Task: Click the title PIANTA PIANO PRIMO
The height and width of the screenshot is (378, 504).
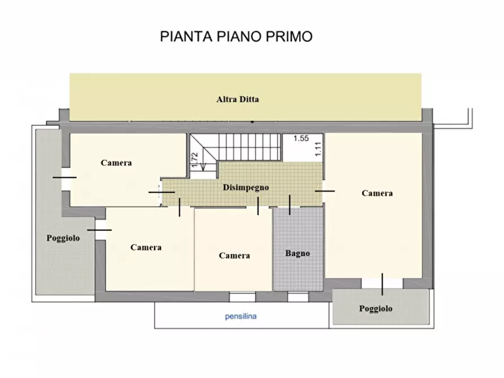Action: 236,37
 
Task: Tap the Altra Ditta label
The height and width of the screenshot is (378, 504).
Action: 238,99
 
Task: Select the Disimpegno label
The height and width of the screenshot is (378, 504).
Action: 246,187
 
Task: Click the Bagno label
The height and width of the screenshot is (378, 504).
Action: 297,253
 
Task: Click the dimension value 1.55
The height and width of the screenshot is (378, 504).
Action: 301,138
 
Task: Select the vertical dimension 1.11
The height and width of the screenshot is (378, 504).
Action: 318,148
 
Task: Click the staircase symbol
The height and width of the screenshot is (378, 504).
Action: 235,147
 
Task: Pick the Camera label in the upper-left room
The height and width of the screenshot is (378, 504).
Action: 116,162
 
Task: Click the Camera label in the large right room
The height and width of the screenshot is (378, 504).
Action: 377,193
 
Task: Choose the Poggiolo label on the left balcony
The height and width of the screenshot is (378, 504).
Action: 63,238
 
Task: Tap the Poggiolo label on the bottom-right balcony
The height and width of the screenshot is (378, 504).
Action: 375,309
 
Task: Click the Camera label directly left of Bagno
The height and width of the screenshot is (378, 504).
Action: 234,256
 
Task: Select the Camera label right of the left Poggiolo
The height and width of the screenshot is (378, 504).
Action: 146,247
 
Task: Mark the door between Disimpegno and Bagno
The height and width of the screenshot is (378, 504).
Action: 290,205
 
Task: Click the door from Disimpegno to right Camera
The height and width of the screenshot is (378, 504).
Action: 325,191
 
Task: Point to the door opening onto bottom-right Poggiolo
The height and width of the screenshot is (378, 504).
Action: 382,284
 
